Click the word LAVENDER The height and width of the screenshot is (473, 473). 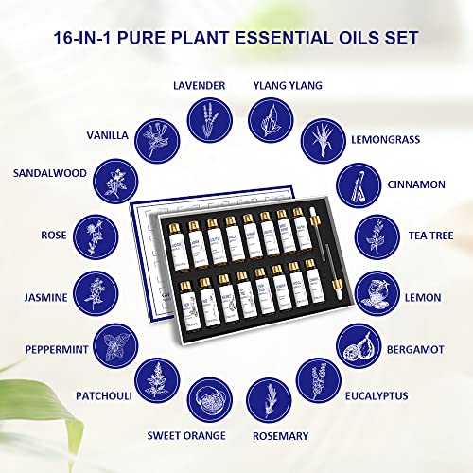[199, 85]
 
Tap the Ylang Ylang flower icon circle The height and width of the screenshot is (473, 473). [269, 122]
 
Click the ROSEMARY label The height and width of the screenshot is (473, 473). [280, 435]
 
